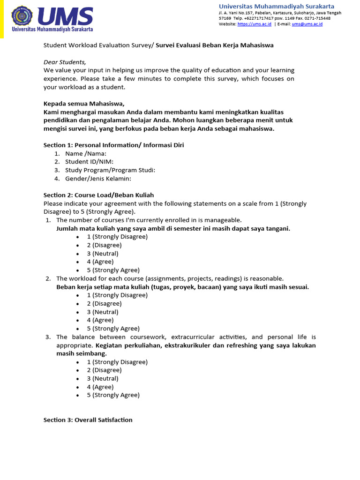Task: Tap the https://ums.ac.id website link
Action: (x=254, y=24)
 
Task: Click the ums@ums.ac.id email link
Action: (x=307, y=24)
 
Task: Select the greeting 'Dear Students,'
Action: (x=65, y=62)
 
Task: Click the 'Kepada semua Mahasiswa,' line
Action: (x=84, y=104)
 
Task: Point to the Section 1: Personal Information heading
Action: (x=113, y=145)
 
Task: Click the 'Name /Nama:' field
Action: (x=86, y=153)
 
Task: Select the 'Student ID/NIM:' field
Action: (x=89, y=162)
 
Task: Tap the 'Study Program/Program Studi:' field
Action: (x=110, y=170)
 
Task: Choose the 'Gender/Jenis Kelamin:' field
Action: (x=98, y=179)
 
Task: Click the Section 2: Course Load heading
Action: (x=98, y=195)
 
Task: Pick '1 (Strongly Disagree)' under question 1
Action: (x=117, y=237)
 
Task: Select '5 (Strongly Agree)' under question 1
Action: (x=113, y=270)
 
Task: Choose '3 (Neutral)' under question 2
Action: (x=102, y=312)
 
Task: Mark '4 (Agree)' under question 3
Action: (x=100, y=387)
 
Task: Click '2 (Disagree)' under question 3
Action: (x=104, y=370)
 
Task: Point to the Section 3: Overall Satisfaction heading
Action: (x=88, y=420)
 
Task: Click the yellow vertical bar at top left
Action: (x=2, y=19)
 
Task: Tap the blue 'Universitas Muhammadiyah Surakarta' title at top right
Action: (x=277, y=6)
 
